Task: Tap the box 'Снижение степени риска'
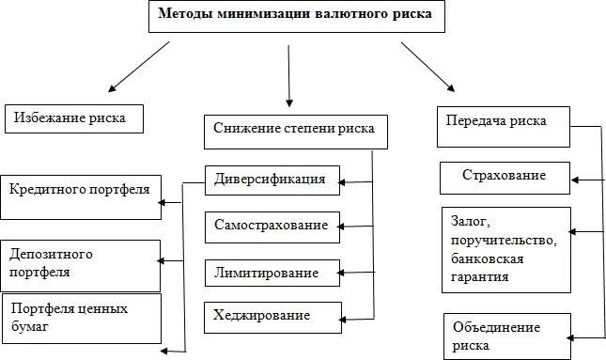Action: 295,131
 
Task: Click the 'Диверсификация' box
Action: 271,179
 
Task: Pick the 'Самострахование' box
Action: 271,227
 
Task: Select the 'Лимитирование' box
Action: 271,273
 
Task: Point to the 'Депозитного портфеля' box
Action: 81,264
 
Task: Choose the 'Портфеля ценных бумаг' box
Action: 81,318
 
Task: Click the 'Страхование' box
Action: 505,176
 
